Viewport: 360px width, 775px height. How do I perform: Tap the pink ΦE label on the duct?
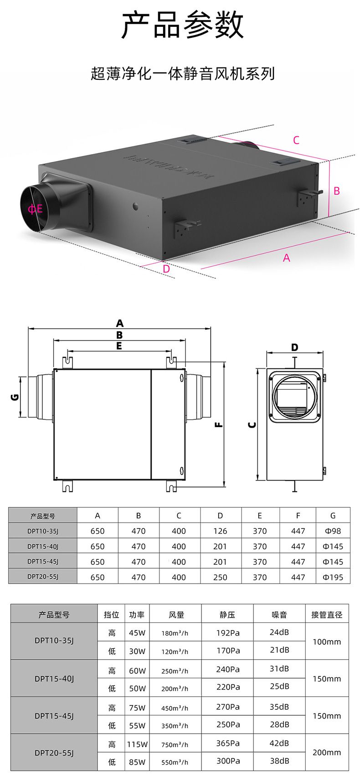[x=35, y=209]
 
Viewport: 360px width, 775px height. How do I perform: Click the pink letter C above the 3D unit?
[x=296, y=140]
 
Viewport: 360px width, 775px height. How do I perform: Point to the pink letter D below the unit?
[x=166, y=269]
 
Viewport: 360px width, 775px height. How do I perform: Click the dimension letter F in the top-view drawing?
[x=218, y=425]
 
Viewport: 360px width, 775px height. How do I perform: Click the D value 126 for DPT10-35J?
[x=220, y=531]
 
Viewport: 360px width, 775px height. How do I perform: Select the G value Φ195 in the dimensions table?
[x=333, y=577]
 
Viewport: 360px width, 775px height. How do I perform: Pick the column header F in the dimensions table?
[x=298, y=516]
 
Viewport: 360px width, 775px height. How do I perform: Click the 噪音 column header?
[x=279, y=615]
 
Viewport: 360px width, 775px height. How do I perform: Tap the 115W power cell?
[x=137, y=744]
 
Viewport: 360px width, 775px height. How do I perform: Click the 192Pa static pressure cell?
[x=228, y=633]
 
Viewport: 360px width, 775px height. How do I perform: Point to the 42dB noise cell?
[x=279, y=743]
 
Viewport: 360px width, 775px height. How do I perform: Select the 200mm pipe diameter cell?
[x=327, y=752]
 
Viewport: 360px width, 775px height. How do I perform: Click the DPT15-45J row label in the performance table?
[x=54, y=716]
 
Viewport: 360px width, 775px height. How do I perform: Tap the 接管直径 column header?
[x=327, y=615]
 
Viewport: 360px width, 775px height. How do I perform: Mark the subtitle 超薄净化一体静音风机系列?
[x=182, y=73]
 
